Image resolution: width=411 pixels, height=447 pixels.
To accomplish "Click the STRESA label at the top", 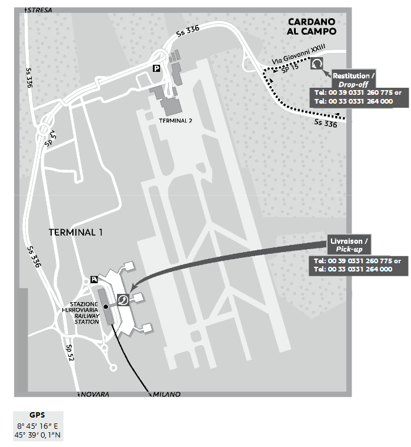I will tap(41, 11).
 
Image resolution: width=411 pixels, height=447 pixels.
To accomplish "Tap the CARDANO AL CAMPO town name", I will tap(311, 27).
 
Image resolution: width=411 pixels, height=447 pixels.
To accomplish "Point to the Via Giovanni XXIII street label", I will tap(299, 58).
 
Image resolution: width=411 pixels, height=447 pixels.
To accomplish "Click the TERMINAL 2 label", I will tap(176, 120).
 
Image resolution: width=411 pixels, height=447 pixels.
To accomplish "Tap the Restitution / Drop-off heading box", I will tap(353, 80).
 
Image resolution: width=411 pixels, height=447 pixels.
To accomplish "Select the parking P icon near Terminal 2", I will tap(156, 68).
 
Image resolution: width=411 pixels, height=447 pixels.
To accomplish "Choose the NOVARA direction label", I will tap(95, 393).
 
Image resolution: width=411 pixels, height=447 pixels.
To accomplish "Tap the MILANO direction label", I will tap(166, 393).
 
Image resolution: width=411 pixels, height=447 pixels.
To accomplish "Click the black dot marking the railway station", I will tap(106, 306).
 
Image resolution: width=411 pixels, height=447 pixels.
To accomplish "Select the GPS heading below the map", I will tap(37, 414).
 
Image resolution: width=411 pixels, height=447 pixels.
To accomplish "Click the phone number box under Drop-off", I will tap(353, 97).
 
